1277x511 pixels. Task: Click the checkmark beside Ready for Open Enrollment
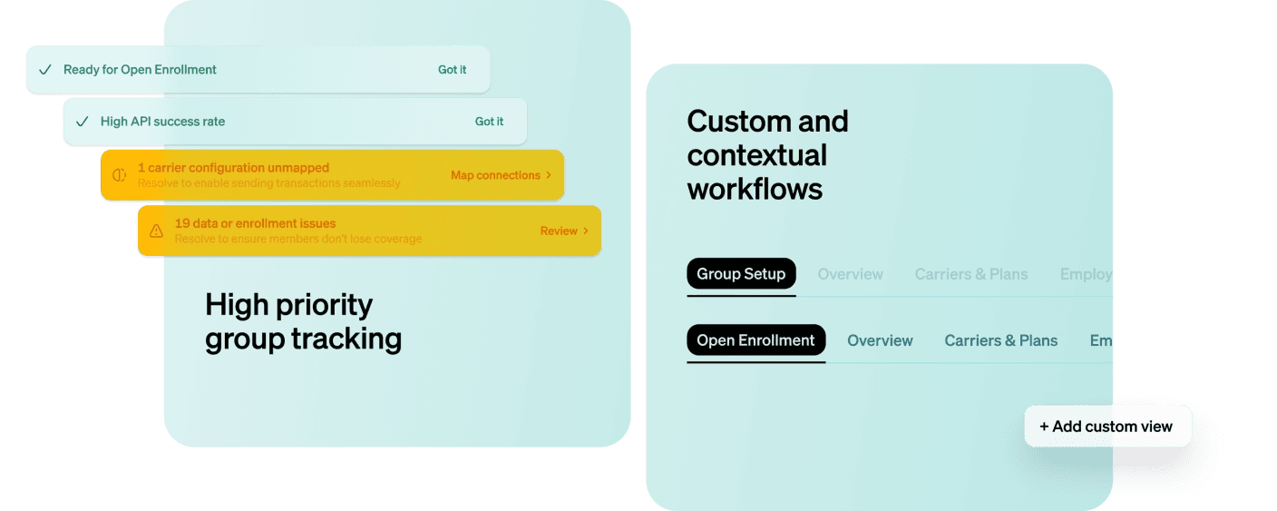45,70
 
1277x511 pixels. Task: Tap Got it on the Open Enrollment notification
452,70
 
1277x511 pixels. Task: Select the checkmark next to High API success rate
83,122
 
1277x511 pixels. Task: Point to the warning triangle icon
156,231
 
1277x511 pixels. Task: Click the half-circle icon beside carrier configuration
119,175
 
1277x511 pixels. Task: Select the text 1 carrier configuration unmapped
233,168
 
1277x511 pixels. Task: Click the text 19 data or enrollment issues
255,223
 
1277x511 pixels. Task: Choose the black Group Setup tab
741,274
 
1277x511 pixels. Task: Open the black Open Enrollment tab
755,340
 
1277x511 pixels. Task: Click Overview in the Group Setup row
850,274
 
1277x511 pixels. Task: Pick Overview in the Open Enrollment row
880,340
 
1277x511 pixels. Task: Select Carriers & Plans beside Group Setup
970,274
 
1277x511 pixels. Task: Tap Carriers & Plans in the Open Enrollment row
1000,340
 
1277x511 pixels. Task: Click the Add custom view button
1107,426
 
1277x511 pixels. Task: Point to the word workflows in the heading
755,189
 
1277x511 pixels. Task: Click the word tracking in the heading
346,339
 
